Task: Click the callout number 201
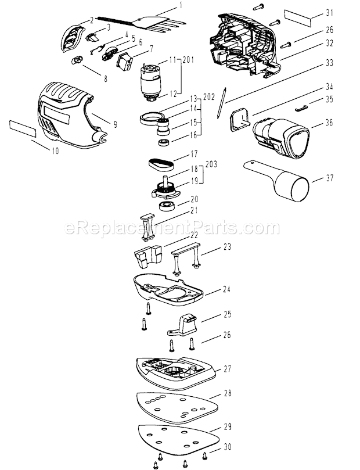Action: click(188, 60)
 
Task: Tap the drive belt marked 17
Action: click(161, 164)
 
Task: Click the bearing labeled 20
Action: click(167, 206)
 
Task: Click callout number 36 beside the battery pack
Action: click(329, 123)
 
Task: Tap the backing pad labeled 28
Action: click(177, 407)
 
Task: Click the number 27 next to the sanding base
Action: click(228, 368)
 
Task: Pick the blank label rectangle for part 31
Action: click(298, 18)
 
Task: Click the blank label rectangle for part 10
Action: click(23, 128)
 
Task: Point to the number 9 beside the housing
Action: click(115, 124)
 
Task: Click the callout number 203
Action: click(211, 164)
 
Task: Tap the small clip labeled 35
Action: click(301, 108)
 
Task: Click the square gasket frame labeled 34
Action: click(240, 120)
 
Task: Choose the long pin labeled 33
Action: click(222, 102)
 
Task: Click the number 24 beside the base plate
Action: click(226, 289)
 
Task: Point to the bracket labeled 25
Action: click(182, 325)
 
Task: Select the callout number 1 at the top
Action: click(181, 6)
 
